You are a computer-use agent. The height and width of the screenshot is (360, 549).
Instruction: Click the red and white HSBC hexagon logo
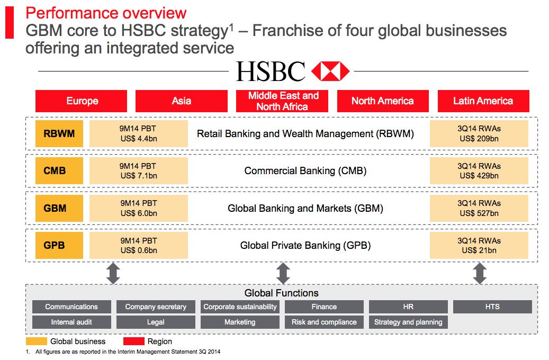tap(330, 71)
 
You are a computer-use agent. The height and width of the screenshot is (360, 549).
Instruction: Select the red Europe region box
tap(82, 101)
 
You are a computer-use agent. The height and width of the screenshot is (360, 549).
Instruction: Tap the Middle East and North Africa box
tap(283, 101)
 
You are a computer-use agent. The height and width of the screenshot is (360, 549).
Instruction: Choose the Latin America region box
tap(483, 101)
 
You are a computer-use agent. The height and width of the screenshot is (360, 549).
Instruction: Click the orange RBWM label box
tap(59, 134)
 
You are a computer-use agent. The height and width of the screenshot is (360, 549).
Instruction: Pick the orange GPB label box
tap(55, 246)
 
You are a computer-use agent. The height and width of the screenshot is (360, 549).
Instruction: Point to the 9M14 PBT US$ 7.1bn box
tap(138, 171)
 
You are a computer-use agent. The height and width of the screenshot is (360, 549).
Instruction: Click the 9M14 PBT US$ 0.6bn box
tap(138, 246)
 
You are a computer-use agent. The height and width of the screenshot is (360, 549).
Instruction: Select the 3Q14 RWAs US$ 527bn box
tap(479, 208)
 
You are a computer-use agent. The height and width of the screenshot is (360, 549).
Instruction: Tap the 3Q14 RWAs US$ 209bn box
tap(479, 134)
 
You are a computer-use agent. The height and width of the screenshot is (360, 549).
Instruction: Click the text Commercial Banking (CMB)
tap(305, 171)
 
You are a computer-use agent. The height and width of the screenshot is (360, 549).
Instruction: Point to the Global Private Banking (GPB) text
tap(305, 246)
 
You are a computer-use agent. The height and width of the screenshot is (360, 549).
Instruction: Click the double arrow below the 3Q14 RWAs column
tap(480, 273)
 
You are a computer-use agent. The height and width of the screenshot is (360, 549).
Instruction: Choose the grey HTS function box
tap(492, 307)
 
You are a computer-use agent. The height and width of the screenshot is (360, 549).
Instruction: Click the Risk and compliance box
tap(324, 322)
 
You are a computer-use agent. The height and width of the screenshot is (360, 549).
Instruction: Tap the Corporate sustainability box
tap(240, 307)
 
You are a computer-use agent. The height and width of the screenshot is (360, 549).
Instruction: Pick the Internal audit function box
tap(71, 322)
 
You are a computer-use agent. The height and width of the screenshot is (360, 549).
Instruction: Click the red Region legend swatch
tap(133, 341)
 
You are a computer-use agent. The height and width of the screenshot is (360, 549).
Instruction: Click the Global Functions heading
tap(282, 293)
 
